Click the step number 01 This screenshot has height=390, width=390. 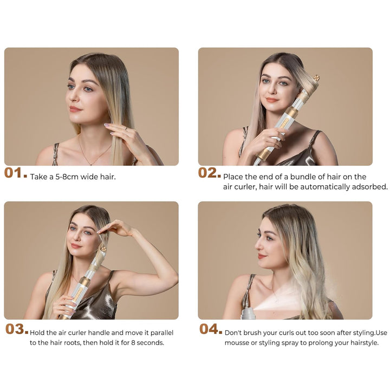[x=15, y=173]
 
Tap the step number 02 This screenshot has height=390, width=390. [x=209, y=173]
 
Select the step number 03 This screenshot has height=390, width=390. [x=17, y=329]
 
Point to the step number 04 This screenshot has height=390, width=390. [x=210, y=329]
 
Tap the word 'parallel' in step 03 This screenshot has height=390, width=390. [x=161, y=333]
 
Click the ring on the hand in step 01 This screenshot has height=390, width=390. [x=126, y=128]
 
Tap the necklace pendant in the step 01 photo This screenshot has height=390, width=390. [x=91, y=164]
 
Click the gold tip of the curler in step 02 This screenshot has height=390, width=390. [x=317, y=78]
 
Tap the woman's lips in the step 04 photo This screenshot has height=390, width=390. [x=262, y=256]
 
